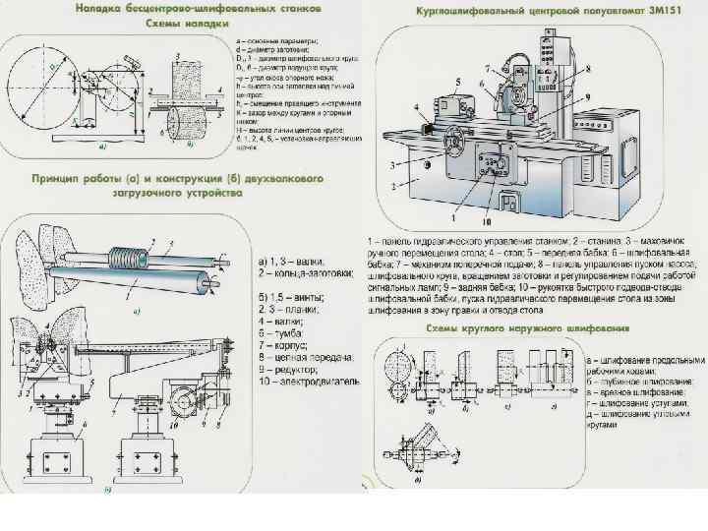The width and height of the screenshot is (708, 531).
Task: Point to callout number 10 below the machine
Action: pyautogui.click(x=485, y=222)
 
